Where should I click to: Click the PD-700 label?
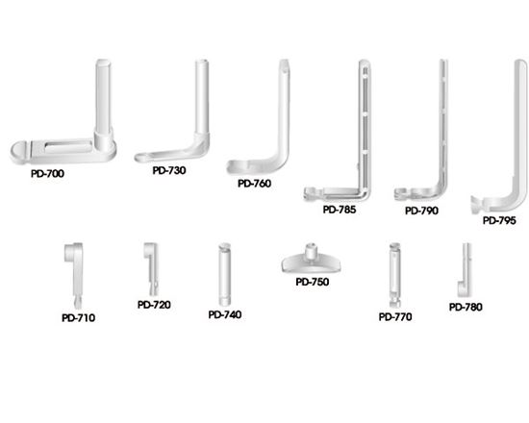[47, 174]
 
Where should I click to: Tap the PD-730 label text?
[169, 170]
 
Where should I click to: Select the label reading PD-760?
[254, 184]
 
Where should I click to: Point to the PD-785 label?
[340, 210]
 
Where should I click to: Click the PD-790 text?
[421, 211]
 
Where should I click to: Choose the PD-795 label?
[499, 220]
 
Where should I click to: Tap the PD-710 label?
[78, 318]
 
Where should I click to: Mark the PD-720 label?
[154, 305]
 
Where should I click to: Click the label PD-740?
[225, 314]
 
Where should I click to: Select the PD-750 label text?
[313, 282]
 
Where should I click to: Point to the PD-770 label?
[395, 317]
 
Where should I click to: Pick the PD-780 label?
[466, 308]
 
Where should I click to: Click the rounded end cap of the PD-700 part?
[19, 152]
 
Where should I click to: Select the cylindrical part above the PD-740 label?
[224, 274]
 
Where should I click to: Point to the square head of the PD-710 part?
[71, 252]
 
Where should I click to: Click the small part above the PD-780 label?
[465, 270]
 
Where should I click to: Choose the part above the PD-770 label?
[394, 275]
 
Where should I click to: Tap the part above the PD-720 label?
[152, 269]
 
